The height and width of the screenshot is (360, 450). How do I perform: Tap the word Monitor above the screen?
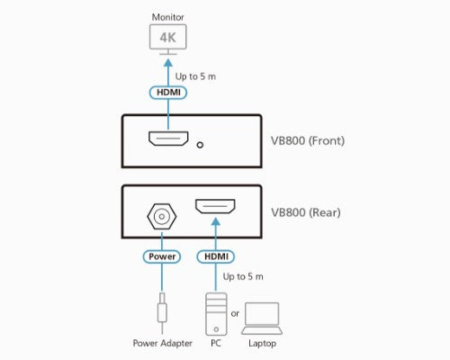pos(168,16)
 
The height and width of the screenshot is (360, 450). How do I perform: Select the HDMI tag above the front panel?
pos(168,92)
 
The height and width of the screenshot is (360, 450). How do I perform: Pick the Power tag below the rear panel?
pos(163,256)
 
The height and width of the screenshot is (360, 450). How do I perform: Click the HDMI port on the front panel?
pos(168,140)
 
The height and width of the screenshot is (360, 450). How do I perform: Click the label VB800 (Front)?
pos(308,140)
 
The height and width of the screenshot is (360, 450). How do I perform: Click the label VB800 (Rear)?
pos(305,213)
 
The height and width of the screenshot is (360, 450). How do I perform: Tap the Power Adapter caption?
pos(162,344)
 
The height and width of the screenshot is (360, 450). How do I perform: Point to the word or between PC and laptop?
pos(236,313)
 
